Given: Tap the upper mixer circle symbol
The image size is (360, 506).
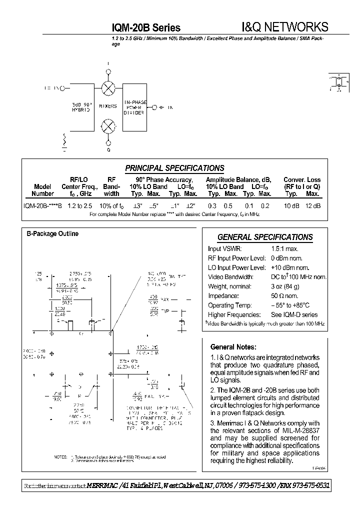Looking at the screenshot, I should pyautogui.click(x=108, y=88).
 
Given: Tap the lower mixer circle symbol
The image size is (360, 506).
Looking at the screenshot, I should pyautogui.click(x=108, y=125).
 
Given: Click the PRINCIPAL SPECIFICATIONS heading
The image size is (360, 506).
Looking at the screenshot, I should pyautogui.click(x=174, y=168).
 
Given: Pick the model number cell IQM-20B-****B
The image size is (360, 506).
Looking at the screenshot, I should pyautogui.click(x=42, y=206).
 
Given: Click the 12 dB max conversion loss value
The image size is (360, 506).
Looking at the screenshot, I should pyautogui.click(x=312, y=206).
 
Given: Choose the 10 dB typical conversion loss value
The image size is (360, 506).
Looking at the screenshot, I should pyautogui.click(x=291, y=206).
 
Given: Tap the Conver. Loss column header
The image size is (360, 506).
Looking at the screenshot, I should pyautogui.click(x=302, y=180).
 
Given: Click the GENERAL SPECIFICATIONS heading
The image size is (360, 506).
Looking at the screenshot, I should pyautogui.click(x=265, y=237).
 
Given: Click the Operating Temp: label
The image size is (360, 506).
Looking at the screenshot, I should pyautogui.click(x=227, y=305).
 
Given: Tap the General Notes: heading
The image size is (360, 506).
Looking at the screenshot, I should pyautogui.click(x=233, y=346).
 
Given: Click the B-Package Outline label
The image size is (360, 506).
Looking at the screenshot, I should pyautogui.click(x=52, y=233).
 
